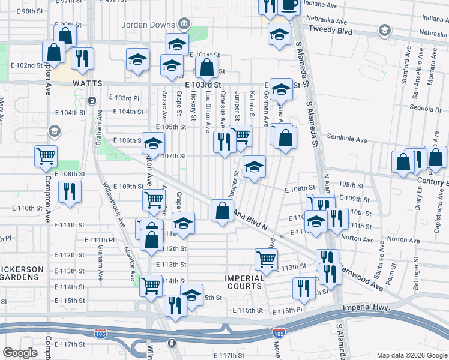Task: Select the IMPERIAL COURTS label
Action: [x=244, y=282]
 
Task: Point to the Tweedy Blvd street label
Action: [x=328, y=29]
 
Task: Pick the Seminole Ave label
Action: [x=346, y=139]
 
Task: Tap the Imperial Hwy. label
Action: [x=366, y=308]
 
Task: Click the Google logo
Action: [x=20, y=353]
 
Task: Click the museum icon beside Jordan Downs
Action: [x=184, y=25]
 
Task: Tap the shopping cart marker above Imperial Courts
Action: [x=266, y=259]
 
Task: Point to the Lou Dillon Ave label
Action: [x=207, y=111]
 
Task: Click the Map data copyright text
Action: [x=411, y=355]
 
